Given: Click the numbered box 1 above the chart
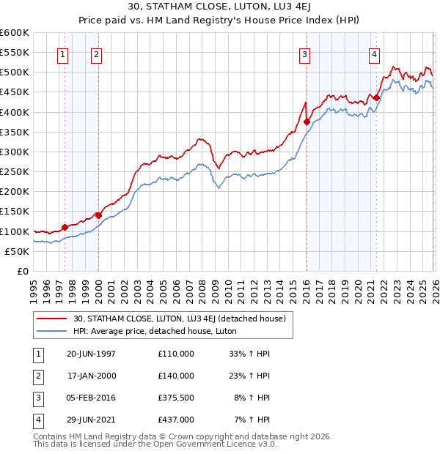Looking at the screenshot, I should [62, 53].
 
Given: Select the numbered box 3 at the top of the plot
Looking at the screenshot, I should [304, 53].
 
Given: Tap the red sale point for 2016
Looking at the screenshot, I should [307, 122].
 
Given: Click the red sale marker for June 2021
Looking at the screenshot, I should [376, 97].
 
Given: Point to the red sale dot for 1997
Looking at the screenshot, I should [65, 227].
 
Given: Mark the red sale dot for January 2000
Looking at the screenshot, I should [98, 215].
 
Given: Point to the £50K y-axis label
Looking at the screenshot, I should [17, 251].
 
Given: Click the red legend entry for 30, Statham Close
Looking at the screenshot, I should [183, 318].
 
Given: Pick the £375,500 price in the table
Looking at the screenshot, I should [176, 399].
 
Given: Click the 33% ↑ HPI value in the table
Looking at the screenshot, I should [250, 354].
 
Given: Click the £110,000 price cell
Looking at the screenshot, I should [176, 354].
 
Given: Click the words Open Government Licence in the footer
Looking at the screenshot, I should [219, 443].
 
